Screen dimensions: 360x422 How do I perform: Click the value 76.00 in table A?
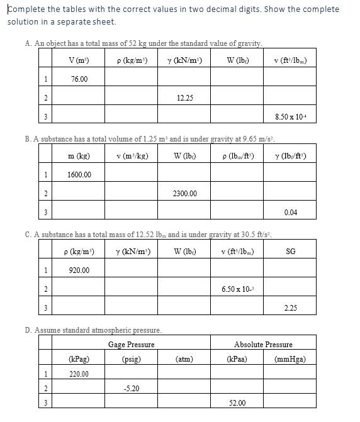(x=79, y=79)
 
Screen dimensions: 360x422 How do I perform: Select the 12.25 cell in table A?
(x=185, y=98)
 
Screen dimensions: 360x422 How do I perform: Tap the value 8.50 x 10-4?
(x=290, y=117)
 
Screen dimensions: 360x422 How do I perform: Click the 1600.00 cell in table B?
(x=79, y=174)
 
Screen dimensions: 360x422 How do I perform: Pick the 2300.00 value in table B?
(x=185, y=194)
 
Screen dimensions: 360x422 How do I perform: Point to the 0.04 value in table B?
(x=290, y=213)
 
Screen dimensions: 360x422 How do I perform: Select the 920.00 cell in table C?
(x=79, y=270)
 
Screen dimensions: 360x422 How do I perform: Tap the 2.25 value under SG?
(x=290, y=308)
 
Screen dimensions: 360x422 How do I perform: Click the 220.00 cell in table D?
(x=79, y=374)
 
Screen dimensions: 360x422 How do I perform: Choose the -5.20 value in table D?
(x=131, y=389)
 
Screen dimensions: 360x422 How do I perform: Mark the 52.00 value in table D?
(x=237, y=403)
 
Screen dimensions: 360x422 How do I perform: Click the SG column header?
(x=290, y=252)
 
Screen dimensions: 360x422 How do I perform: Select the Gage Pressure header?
(x=131, y=345)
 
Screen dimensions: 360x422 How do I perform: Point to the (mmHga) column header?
(x=290, y=360)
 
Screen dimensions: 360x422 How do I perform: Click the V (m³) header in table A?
(x=79, y=60)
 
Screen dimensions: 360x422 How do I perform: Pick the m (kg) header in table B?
(x=79, y=156)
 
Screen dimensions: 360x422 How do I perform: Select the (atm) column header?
(x=184, y=360)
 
